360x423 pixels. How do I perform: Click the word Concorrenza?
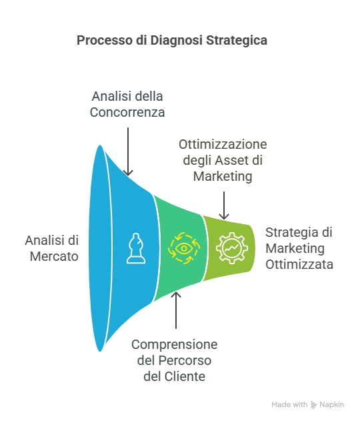(x=127, y=112)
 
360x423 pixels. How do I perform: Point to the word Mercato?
(x=54, y=256)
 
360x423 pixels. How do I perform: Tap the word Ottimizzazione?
(x=223, y=144)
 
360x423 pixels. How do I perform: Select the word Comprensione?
(x=175, y=344)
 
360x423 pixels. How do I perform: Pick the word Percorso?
(x=185, y=360)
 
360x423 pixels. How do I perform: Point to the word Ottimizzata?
(x=299, y=264)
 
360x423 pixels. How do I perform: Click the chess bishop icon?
(x=136, y=248)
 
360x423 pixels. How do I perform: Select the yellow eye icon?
(x=184, y=248)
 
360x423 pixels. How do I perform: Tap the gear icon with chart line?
(x=232, y=248)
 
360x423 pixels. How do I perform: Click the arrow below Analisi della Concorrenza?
(x=128, y=151)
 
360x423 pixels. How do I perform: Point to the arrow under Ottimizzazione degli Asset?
(x=224, y=205)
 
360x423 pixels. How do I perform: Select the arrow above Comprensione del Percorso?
(x=176, y=310)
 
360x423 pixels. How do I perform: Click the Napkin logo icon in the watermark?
(x=313, y=405)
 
